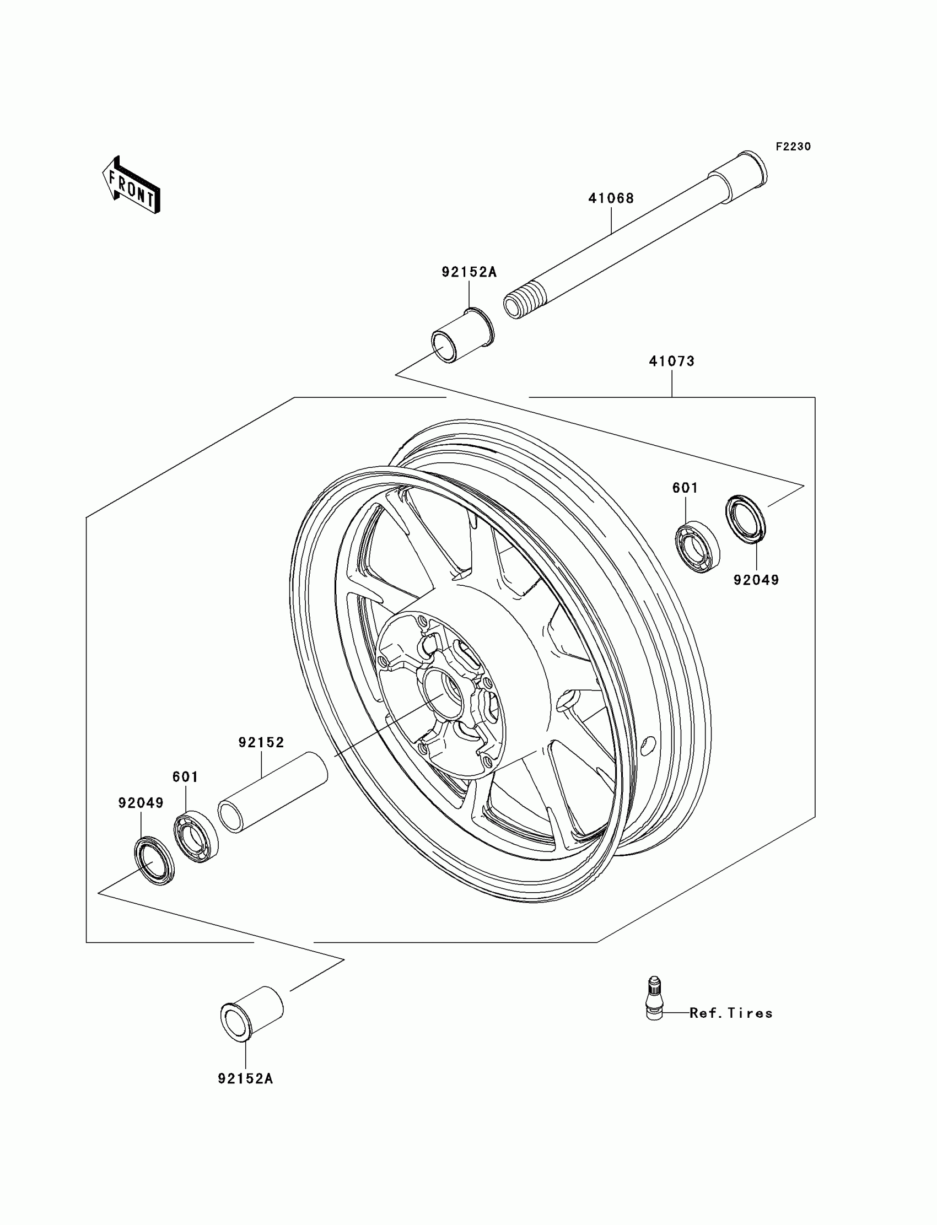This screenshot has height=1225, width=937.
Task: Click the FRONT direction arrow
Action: point(132,186)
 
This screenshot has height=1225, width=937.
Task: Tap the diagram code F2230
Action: point(793,147)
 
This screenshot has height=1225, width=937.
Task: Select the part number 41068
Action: point(611,198)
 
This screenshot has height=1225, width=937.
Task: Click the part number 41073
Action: point(671,361)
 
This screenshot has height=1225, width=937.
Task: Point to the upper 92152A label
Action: point(468,272)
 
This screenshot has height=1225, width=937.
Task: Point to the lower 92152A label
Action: point(245,1078)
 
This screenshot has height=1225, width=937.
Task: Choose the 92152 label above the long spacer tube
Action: point(261,742)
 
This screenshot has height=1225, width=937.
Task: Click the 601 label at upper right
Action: point(685,488)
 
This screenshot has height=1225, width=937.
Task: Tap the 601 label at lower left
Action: point(185,776)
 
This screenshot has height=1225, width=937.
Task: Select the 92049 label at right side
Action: point(756,580)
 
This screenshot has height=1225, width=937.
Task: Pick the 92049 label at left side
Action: point(141,803)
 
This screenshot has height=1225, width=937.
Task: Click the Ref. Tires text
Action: point(731,1013)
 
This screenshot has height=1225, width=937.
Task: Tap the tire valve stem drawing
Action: point(654,999)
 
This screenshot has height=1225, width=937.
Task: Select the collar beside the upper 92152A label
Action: point(463,337)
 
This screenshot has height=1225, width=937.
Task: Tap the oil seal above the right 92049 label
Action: point(745,517)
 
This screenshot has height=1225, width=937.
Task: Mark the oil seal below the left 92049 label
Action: point(154,860)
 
